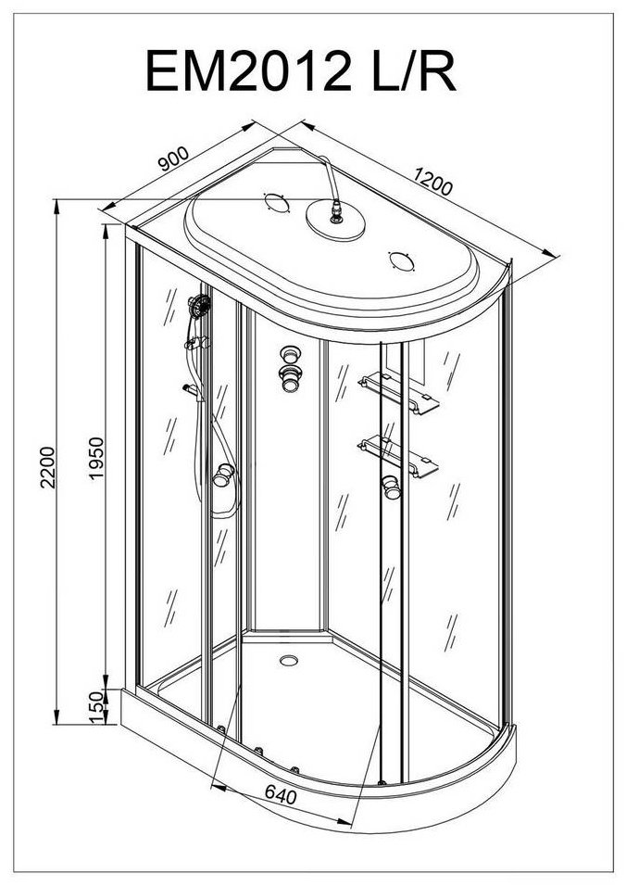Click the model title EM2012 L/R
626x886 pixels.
coord(300,70)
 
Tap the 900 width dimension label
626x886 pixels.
coord(173,158)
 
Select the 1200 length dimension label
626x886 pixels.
coord(432,181)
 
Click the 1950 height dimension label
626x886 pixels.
coord(97,458)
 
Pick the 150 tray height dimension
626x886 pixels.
coord(97,706)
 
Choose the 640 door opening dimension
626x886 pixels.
coord(281,795)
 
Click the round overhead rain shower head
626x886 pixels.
coord(335,221)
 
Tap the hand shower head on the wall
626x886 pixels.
coord(199,307)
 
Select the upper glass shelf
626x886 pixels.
coord(398,392)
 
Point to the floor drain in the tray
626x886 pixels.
coord(289,660)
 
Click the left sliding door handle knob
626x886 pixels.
coord(223,475)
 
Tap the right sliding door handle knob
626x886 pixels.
coord(391,487)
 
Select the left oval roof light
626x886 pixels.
coord(277,202)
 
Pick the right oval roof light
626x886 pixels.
coord(402,261)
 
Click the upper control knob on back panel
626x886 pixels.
coord(290,355)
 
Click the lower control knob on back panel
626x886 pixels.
coord(291,378)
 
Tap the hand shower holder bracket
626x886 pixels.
coord(196,343)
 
